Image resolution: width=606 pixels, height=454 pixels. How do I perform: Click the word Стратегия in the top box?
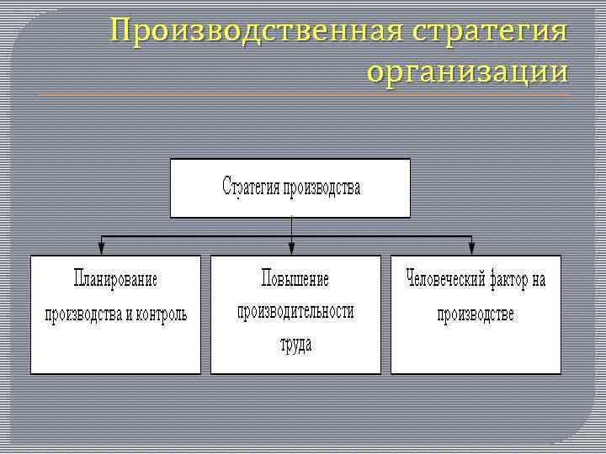pyautogui.click(x=251, y=186)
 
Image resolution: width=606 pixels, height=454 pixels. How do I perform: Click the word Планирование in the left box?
pyautogui.click(x=115, y=279)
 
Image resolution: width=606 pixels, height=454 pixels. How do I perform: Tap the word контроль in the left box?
pyautogui.click(x=161, y=314)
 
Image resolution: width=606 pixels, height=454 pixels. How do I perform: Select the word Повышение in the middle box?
pyautogui.click(x=295, y=279)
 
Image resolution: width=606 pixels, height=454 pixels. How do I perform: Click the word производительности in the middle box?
pyautogui.click(x=295, y=311)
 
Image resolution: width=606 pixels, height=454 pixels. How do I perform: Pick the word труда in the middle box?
pyautogui.click(x=295, y=343)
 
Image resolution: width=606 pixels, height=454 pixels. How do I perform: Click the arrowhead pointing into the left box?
pyautogui.click(x=102, y=248)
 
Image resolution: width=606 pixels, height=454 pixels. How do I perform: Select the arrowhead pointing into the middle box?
pyautogui.click(x=291, y=248)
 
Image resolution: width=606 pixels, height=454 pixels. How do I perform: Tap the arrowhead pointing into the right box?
pyautogui.click(x=471, y=248)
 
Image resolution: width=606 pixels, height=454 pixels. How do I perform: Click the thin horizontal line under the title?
pyautogui.click(x=303, y=95)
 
